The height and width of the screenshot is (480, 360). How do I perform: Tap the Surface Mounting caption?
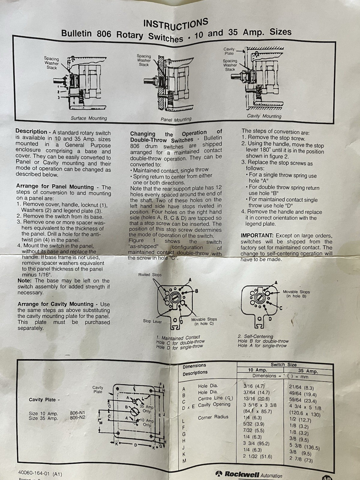[89, 118]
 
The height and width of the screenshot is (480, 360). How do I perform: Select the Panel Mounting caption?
[176, 120]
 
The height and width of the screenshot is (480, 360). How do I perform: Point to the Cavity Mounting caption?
[264, 116]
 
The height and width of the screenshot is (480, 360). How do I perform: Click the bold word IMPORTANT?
[257, 236]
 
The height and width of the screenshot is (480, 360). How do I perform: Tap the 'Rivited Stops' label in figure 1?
[150, 274]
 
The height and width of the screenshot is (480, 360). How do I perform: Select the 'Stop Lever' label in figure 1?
[152, 321]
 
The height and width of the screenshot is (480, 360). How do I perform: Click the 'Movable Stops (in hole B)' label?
[296, 294]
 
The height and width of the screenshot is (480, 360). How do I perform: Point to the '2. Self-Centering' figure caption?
[255, 336]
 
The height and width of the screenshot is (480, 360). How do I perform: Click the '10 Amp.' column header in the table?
[257, 370]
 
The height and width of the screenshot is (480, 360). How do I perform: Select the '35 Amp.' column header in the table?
[308, 371]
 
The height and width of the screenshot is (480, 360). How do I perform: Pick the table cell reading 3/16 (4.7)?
[254, 386]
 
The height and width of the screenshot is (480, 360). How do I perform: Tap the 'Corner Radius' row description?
[213, 417]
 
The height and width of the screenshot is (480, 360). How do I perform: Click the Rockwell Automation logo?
[249, 474]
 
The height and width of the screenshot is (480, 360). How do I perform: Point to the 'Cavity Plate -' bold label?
[44, 400]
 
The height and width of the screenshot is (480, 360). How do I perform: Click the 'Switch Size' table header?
[283, 364]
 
